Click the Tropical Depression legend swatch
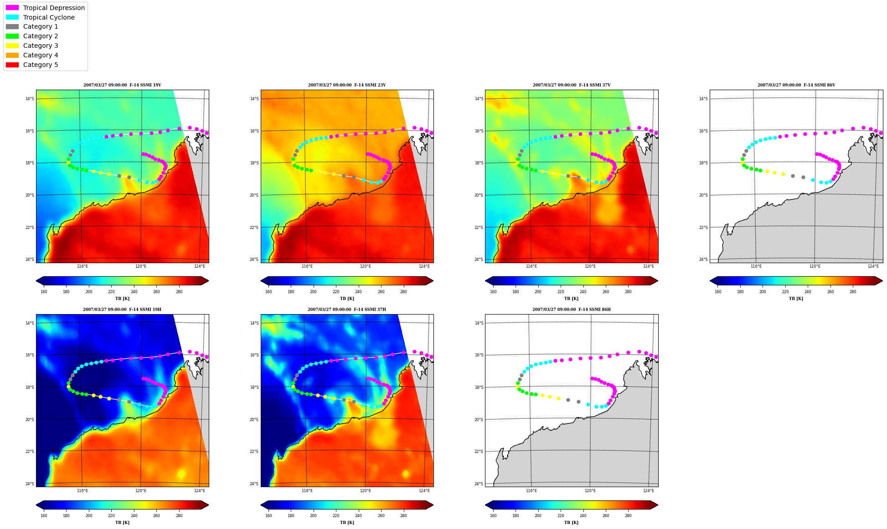12,8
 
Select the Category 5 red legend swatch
12,65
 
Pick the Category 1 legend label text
41,27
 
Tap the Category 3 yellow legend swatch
12,46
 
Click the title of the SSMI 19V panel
122,85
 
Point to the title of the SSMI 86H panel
572,310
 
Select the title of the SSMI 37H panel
347,310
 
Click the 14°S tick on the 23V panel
254,99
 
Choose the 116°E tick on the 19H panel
83,491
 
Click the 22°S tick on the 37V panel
479,228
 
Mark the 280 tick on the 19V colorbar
179,292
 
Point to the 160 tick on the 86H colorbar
493,516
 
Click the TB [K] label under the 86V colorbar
796,299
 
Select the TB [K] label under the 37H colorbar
347,523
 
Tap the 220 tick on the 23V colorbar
336,292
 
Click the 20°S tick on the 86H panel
479,420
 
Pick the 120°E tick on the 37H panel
366,491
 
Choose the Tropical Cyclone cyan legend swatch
12,17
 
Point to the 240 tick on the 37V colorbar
583,292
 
